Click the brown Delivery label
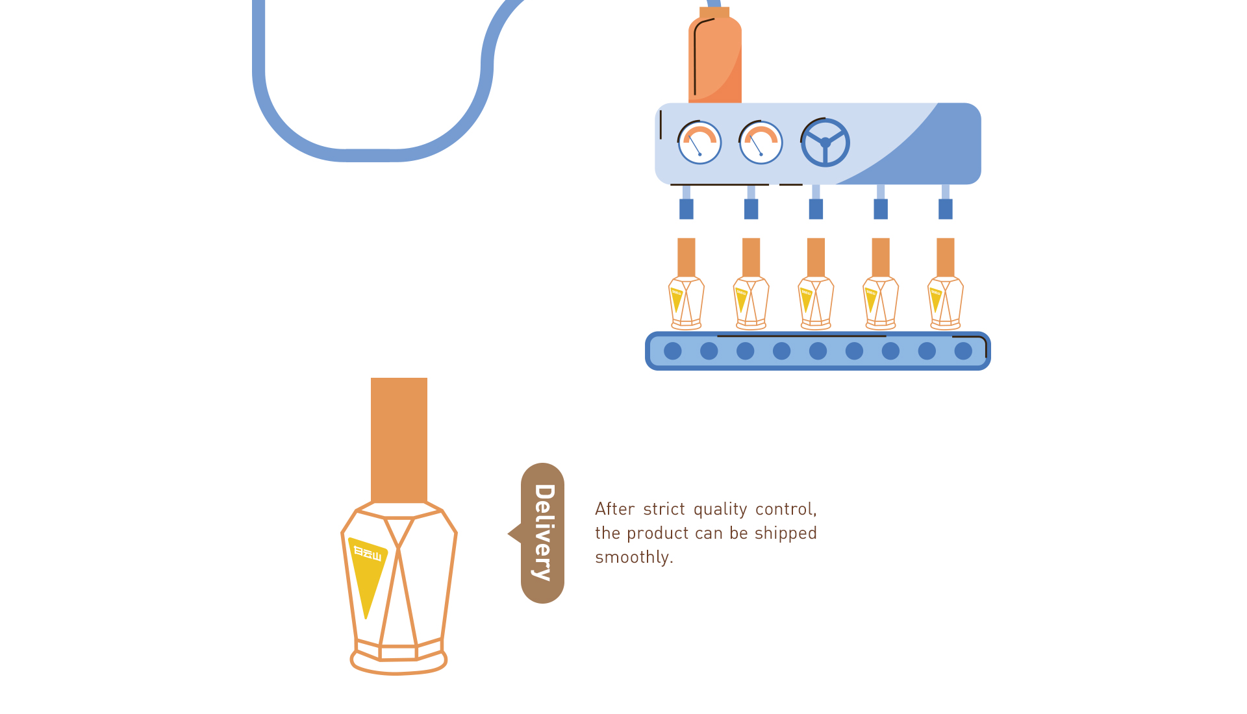(x=542, y=533)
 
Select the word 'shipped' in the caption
(x=785, y=534)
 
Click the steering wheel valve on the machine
(x=825, y=142)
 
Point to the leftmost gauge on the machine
(x=699, y=142)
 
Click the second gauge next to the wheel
(x=761, y=142)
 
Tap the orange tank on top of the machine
(x=714, y=58)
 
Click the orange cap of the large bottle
(x=399, y=439)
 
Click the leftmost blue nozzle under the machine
(x=686, y=209)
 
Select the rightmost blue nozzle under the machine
(x=946, y=209)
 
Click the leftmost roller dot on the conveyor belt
(x=673, y=351)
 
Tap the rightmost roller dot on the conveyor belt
(x=963, y=351)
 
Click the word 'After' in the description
(x=614, y=510)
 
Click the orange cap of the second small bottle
(x=751, y=257)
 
